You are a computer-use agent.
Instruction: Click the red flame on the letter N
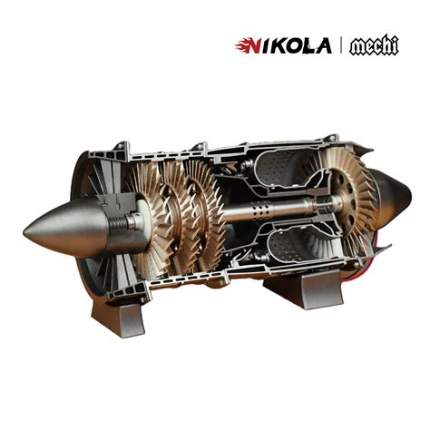tap(242, 44)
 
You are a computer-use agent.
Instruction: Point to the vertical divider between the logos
tap(340, 45)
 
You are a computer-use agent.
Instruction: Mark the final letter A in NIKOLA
tap(323, 45)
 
